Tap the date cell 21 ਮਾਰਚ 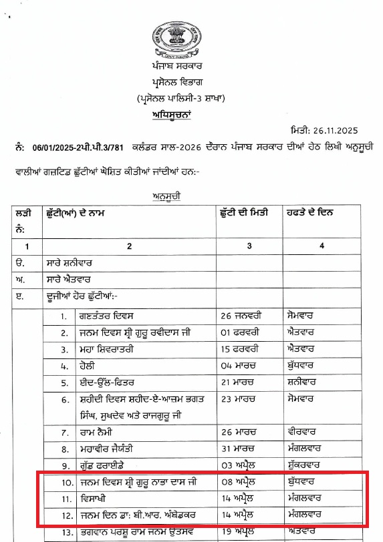[239, 384]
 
